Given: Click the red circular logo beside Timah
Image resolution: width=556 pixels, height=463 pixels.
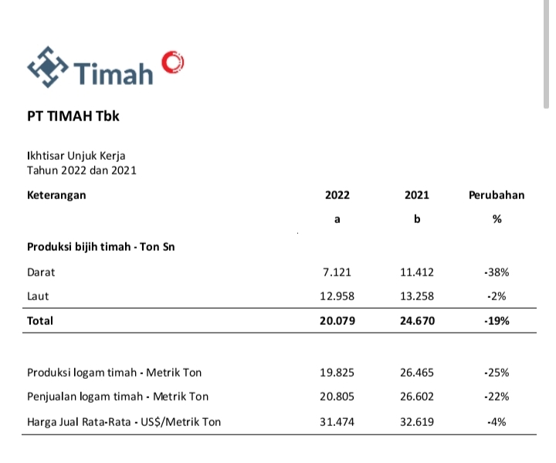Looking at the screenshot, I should [173, 63].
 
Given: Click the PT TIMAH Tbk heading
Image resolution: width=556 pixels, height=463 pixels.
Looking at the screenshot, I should [73, 117].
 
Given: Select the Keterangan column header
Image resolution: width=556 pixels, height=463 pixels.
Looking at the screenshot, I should [56, 194].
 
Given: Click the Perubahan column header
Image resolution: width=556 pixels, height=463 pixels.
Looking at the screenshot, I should [497, 194].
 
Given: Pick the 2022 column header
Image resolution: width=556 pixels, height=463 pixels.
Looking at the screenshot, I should [337, 194].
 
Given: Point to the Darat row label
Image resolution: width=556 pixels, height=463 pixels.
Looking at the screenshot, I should [41, 272].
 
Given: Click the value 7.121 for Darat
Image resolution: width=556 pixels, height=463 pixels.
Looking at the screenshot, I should [337, 272].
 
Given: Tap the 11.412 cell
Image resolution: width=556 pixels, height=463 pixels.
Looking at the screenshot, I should [417, 272].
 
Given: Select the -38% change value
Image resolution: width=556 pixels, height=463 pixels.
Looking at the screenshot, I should [497, 272].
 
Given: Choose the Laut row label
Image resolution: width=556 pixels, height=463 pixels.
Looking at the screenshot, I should [38, 296].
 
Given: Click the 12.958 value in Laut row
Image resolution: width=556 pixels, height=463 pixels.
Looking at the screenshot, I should [337, 296].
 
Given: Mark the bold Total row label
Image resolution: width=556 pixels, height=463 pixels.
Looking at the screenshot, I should [40, 320].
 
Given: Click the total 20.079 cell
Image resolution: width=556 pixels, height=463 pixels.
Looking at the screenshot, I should [337, 320].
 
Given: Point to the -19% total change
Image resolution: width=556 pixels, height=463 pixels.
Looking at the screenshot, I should [497, 320].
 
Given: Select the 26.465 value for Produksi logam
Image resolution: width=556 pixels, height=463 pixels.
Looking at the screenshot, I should [417, 373].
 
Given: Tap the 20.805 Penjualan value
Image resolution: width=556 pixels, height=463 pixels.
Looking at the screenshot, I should [337, 397].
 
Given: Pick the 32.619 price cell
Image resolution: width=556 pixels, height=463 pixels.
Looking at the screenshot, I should [417, 421].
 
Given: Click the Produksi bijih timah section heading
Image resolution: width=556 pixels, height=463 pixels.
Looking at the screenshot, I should [100, 247].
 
